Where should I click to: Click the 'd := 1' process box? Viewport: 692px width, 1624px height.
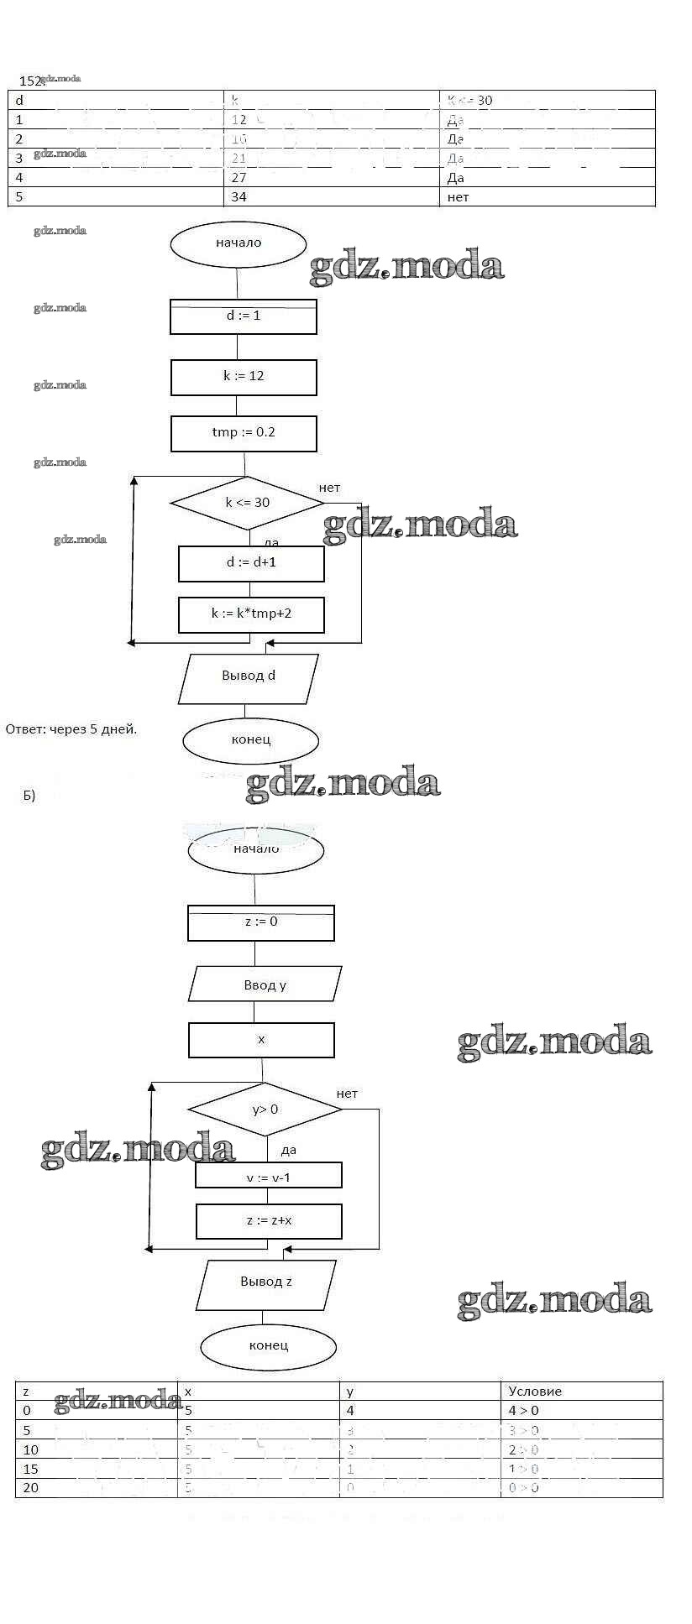[x=244, y=316]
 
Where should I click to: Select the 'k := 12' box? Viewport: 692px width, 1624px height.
[x=244, y=377]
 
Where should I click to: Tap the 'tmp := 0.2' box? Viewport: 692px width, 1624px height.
[x=244, y=433]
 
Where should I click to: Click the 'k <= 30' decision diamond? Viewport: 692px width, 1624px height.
[x=247, y=503]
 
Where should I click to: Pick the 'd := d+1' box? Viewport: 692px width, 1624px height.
[x=251, y=563]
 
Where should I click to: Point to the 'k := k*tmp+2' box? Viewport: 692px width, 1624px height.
[x=251, y=614]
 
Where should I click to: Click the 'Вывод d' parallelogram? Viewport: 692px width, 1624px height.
[x=249, y=677]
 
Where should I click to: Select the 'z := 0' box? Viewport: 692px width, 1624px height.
[x=261, y=922]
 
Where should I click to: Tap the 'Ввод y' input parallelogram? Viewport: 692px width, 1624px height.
[x=265, y=985]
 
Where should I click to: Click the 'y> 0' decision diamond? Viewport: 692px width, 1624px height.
[x=265, y=1110]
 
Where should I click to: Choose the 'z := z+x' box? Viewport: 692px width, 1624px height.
[x=269, y=1221]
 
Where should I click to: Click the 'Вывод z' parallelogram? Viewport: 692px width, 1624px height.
[x=266, y=1282]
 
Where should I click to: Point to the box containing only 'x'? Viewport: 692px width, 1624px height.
[x=261, y=1040]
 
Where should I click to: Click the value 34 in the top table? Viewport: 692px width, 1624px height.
[x=239, y=197]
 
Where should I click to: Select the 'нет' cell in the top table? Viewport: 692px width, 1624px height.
[x=459, y=197]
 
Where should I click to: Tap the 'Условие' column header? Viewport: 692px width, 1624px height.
[x=535, y=1392]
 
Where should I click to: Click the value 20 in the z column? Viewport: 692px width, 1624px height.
[x=31, y=1487]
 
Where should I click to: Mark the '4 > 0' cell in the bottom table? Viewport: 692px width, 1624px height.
[x=524, y=1411]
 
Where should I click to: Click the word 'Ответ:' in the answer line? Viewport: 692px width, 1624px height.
[x=26, y=729]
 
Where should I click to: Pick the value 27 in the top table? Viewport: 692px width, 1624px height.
[x=239, y=178]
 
